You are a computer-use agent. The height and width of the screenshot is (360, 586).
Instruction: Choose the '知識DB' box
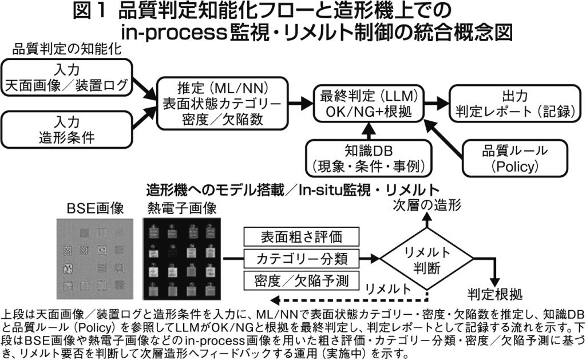tap(368, 158)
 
